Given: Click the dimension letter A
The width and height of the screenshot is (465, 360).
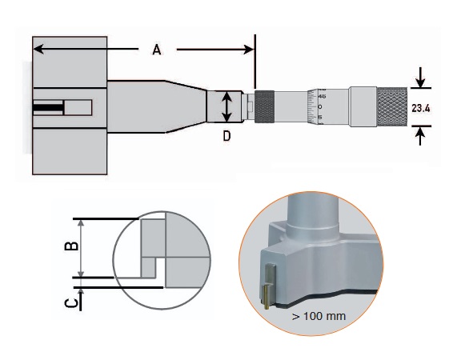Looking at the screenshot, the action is pyautogui.click(x=157, y=50).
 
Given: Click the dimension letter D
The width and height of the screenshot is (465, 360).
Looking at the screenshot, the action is pyautogui.click(x=226, y=136).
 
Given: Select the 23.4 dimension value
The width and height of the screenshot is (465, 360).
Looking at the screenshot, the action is pyautogui.click(x=421, y=108).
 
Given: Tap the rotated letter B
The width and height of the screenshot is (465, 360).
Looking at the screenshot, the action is pyautogui.click(x=71, y=246).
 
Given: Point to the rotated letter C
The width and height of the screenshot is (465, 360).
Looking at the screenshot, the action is pyautogui.click(x=71, y=303).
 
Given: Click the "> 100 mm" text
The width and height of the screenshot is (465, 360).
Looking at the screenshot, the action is pyautogui.click(x=319, y=316).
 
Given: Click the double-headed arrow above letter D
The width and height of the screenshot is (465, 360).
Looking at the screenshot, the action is pyautogui.click(x=226, y=107).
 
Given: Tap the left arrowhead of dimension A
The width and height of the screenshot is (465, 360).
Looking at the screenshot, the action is pyautogui.click(x=38, y=49).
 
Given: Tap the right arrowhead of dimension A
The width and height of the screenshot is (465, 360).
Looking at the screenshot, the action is pyautogui.click(x=249, y=50).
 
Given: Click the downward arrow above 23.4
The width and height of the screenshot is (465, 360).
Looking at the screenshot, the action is pyautogui.click(x=420, y=78).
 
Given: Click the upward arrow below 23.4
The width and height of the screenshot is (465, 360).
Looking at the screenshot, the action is pyautogui.click(x=420, y=136).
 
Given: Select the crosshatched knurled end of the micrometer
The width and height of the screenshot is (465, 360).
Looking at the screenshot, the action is pyautogui.click(x=392, y=107).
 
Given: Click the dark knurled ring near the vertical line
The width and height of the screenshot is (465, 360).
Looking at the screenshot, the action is pyautogui.click(x=265, y=106).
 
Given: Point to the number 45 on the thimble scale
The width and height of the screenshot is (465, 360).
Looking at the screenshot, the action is pyautogui.click(x=322, y=96).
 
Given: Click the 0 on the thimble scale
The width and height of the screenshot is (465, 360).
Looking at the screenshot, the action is pyautogui.click(x=320, y=106).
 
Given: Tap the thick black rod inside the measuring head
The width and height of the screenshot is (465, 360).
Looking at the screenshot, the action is pyautogui.click(x=48, y=107).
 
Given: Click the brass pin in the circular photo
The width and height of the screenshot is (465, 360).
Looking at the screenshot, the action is pyautogui.click(x=267, y=296).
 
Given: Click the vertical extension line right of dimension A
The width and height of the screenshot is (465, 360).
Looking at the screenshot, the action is pyautogui.click(x=255, y=61).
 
